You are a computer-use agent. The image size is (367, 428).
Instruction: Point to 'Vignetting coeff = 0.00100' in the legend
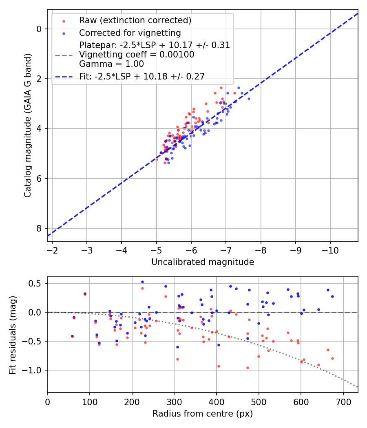137,55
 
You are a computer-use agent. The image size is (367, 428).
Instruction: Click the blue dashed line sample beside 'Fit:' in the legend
64,76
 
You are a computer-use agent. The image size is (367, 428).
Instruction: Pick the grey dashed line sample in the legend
64,55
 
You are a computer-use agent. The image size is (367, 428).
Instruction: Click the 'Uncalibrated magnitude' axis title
203,262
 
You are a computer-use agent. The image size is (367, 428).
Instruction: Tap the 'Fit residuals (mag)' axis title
13,335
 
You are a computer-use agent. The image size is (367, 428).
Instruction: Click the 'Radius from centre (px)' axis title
203,414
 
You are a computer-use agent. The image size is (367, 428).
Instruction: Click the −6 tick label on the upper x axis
191,249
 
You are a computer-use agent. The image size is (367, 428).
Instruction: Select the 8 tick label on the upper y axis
40,228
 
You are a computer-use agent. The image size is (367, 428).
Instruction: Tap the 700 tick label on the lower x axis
343,401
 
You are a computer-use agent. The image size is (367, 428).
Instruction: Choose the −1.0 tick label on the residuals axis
33,370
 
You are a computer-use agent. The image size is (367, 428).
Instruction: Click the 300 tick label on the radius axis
174,401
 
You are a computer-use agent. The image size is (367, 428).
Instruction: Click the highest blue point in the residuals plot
142,282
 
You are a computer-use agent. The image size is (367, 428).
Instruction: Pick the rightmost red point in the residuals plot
332,358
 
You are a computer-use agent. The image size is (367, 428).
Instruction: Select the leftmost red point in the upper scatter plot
157,159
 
